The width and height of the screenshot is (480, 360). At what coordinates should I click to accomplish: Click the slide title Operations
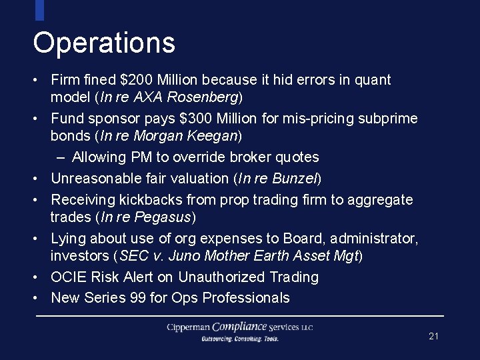[x=104, y=43]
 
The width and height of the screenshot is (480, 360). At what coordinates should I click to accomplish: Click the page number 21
[x=433, y=336]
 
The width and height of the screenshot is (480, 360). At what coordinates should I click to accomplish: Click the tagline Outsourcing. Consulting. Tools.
[x=240, y=339]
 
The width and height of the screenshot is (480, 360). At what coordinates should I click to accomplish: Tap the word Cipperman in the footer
[x=189, y=327]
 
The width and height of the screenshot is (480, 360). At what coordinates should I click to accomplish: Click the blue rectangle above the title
[x=39, y=10]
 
